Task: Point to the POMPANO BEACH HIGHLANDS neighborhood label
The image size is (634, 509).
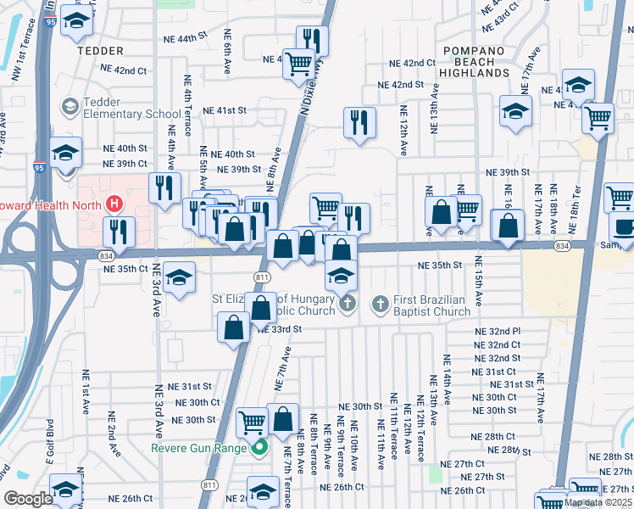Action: click(474, 62)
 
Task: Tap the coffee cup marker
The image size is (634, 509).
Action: click(624, 227)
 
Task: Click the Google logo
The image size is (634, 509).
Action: click(28, 499)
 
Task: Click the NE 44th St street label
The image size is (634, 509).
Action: click(189, 39)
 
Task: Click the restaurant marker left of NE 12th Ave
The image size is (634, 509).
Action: click(359, 122)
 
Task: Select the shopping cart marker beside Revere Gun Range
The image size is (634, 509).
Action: click(252, 421)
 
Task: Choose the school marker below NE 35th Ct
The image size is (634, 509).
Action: click(179, 277)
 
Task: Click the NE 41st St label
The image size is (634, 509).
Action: click(224, 110)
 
